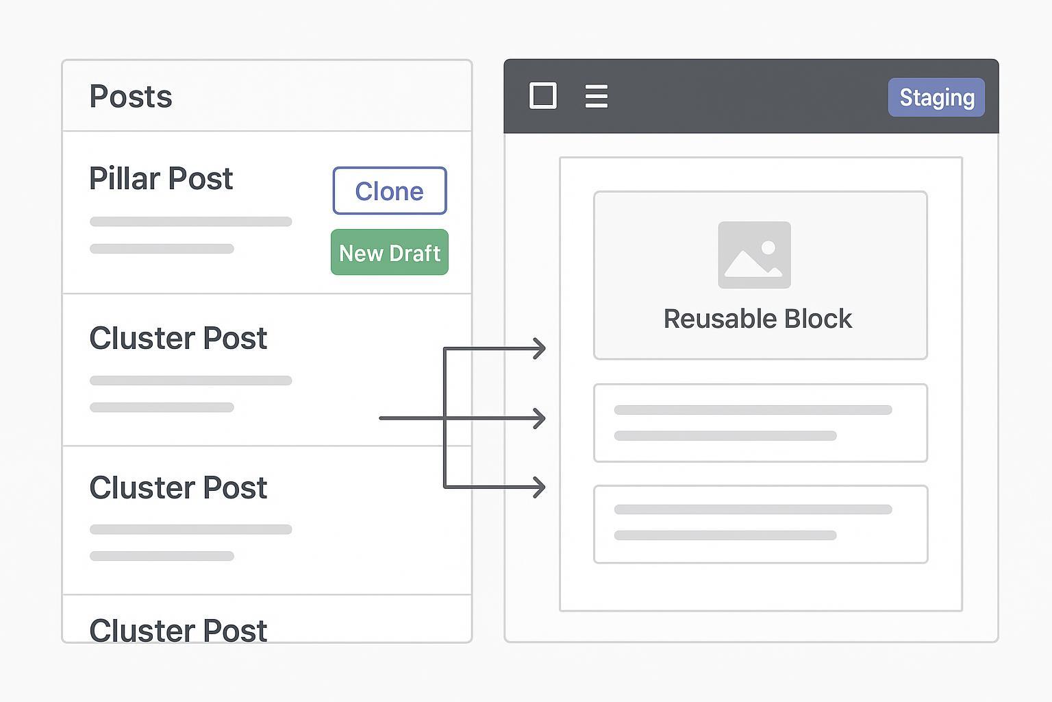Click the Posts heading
tap(131, 97)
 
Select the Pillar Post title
tap(161, 179)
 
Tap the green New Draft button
tap(389, 252)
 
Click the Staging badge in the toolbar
tap(936, 97)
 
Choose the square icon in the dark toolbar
tap(543, 96)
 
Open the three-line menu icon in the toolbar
tap(597, 96)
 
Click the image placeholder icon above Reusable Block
tap(754, 255)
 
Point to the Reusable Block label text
tap(757, 319)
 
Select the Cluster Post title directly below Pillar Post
tap(178, 339)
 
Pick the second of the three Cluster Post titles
tap(178, 488)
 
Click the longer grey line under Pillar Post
tap(191, 221)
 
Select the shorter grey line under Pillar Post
tap(162, 248)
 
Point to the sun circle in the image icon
tap(768, 247)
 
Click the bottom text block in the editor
tap(760, 524)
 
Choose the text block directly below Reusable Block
tap(760, 423)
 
